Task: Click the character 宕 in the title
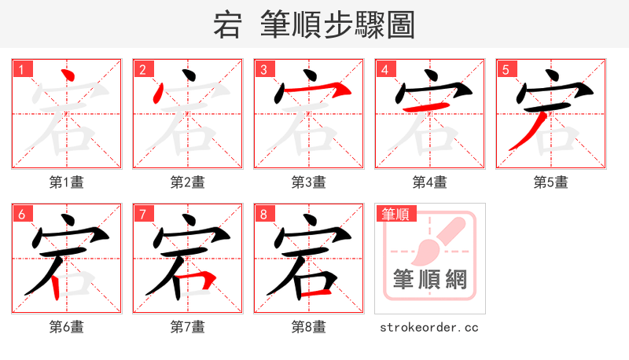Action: coord(227,25)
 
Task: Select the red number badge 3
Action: coord(263,70)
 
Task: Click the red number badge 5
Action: coord(506,70)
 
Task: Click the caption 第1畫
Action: coord(66,182)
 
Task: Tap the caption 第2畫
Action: coord(187,182)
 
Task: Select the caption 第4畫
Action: coord(429,182)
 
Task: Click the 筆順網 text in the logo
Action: coord(429,279)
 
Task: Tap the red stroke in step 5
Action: coord(525,130)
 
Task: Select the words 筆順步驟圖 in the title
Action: coord(337,25)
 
